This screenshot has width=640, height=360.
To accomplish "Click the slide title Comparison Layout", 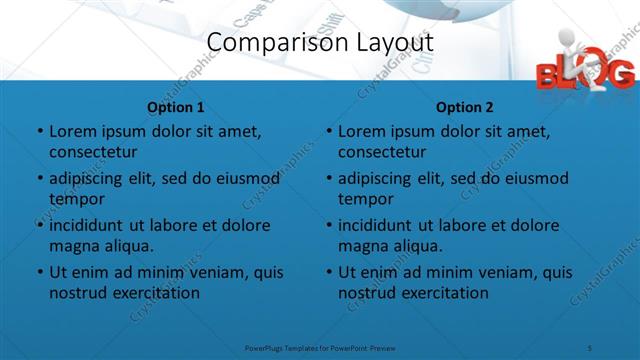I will [320, 42].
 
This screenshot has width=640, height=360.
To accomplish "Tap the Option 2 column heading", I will [464, 107].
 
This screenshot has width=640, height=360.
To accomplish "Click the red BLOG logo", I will [584, 72].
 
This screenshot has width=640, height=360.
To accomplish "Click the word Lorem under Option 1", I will [71, 131].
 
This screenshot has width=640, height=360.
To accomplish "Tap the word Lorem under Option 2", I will [360, 131].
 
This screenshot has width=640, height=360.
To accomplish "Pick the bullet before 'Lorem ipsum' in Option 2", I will [327, 132].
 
